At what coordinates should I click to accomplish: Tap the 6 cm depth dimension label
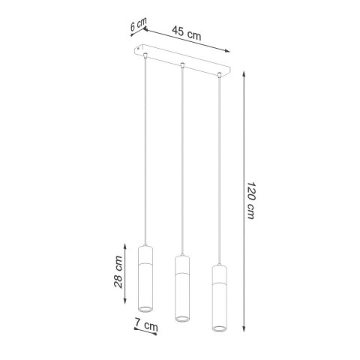(136, 25)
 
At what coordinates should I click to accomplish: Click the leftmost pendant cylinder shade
(145, 277)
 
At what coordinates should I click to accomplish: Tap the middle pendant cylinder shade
(181, 289)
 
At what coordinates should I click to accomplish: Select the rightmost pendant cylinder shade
(219, 299)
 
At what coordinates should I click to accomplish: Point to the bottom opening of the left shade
(145, 309)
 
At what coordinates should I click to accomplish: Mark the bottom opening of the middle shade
(181, 321)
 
